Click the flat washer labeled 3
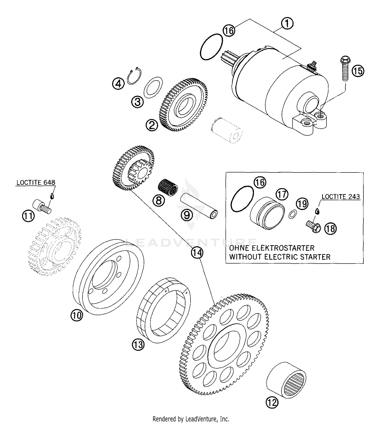(x=153, y=87)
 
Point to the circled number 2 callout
(x=152, y=125)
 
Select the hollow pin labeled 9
(x=199, y=205)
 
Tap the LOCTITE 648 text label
(x=36, y=182)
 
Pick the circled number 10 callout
(x=77, y=315)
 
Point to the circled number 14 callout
(x=197, y=253)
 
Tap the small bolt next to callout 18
(x=313, y=227)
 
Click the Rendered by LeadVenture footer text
(x=191, y=419)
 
